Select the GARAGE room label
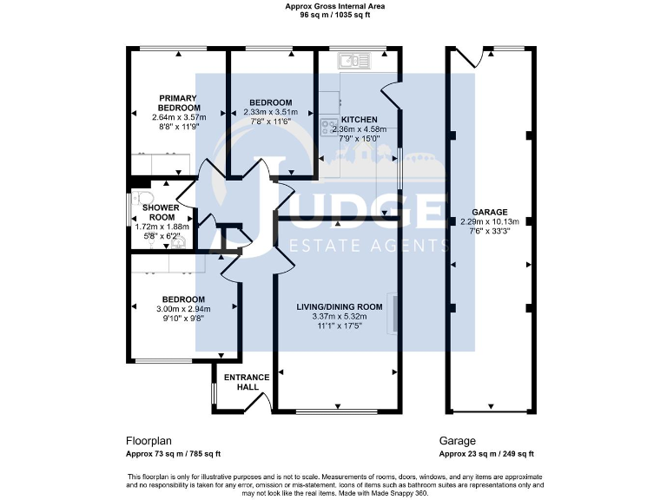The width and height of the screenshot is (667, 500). point(489,211)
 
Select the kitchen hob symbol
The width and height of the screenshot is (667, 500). point(328,127)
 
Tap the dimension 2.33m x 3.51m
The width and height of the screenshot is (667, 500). point(270,112)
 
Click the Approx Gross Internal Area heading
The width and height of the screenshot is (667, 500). point(334,6)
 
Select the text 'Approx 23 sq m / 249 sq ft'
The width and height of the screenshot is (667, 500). point(486,454)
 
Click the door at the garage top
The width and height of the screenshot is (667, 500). point(470,57)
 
